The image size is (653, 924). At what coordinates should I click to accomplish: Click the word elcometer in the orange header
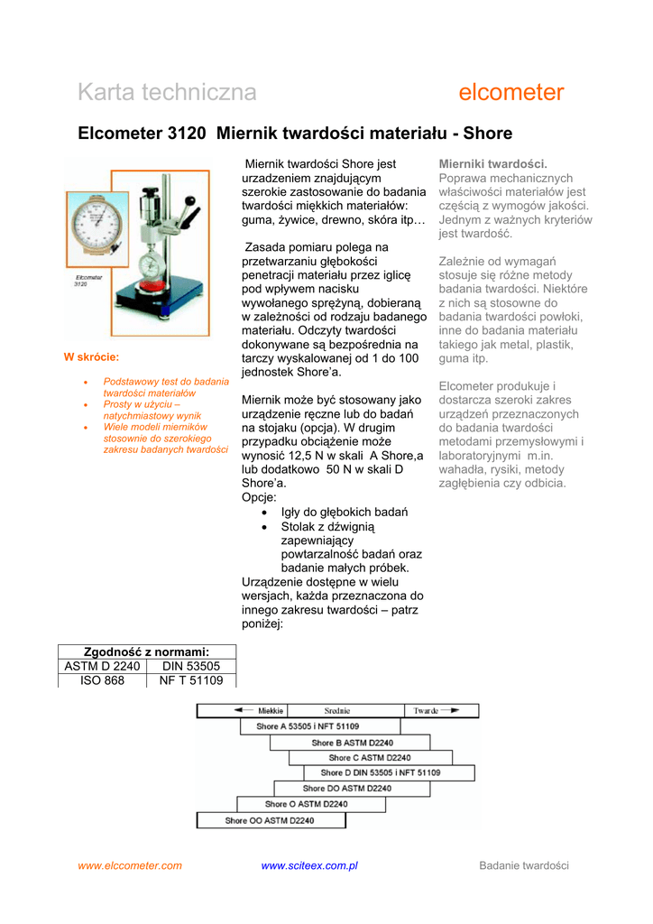(511, 92)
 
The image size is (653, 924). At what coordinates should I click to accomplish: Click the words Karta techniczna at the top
(167, 92)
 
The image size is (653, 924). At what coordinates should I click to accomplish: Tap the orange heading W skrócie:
(91, 357)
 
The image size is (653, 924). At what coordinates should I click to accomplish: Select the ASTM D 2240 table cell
(102, 666)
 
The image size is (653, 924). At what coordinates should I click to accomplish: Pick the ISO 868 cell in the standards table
(102, 680)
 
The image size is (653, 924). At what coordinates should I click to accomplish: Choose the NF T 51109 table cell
(190, 680)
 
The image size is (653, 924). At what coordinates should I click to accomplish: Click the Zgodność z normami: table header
(146, 651)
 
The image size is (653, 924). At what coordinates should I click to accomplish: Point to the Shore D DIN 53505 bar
(381, 772)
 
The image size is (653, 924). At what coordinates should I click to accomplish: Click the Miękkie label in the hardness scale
(271, 711)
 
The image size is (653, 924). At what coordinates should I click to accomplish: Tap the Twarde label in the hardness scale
(426, 711)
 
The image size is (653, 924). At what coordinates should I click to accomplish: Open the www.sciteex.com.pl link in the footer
(309, 865)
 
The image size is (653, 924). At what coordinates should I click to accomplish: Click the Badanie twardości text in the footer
(524, 865)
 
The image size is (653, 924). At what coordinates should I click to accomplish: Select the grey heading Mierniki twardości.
(492, 163)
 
